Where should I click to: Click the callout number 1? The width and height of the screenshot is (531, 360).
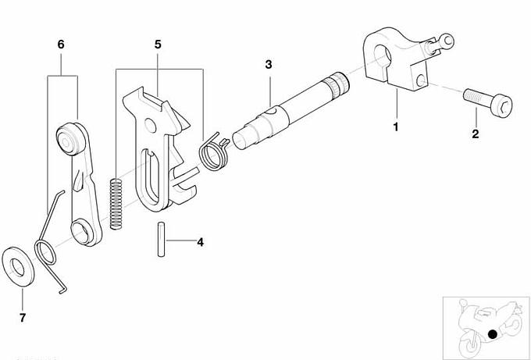(x=396, y=127)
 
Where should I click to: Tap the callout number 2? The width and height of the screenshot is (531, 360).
(x=476, y=134)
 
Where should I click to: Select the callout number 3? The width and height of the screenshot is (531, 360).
(x=269, y=64)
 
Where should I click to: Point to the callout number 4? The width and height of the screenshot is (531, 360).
(x=201, y=242)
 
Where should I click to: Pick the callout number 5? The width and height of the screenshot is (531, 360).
(x=158, y=45)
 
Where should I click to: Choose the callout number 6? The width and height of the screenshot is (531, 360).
(x=61, y=45)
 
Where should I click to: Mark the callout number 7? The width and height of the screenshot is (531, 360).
(x=23, y=318)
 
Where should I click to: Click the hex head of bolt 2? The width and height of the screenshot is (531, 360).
(x=502, y=105)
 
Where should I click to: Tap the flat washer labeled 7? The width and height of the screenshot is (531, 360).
(x=18, y=267)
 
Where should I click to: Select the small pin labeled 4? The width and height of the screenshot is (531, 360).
(x=161, y=239)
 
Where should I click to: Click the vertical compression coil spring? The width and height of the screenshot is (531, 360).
(x=116, y=205)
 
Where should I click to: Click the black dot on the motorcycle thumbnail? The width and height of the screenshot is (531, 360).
(x=493, y=334)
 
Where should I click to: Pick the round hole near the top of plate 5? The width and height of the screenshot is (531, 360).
(x=151, y=126)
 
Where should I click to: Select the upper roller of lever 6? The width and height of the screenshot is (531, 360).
(x=69, y=138)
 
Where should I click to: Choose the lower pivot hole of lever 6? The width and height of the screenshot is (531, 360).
(x=82, y=232)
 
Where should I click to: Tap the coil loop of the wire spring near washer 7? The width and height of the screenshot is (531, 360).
(x=45, y=251)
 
